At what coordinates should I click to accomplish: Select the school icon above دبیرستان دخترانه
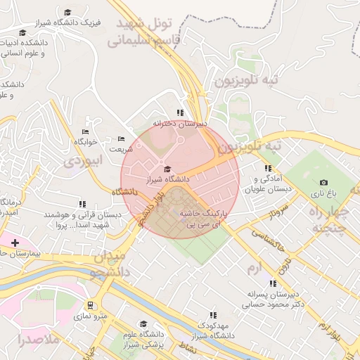pyautogui.click(x=180, y=112)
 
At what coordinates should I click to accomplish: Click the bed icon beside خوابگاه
pyautogui.click(x=85, y=131)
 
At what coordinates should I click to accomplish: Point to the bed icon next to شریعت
pyautogui.click(x=121, y=139)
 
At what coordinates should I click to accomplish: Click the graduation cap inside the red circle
pyautogui.click(x=167, y=169)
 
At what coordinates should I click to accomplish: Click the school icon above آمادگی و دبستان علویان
pyautogui.click(x=267, y=169)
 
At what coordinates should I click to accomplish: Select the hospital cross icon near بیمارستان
pyautogui.click(x=15, y=242)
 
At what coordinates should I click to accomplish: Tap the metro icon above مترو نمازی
pyautogui.click(x=91, y=305)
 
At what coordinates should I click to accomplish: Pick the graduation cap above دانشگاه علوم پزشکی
pyautogui.click(x=143, y=324)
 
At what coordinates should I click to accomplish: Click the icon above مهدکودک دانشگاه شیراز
pyautogui.click(x=213, y=316)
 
